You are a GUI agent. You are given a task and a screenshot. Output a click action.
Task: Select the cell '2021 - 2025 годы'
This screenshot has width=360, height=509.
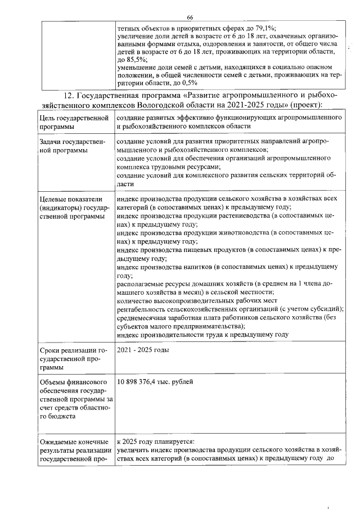click(x=143, y=351)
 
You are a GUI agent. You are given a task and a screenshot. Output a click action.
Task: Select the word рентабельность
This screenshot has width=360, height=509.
click(x=143, y=315)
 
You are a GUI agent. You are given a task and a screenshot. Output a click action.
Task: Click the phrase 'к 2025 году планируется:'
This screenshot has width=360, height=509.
click(x=155, y=442)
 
